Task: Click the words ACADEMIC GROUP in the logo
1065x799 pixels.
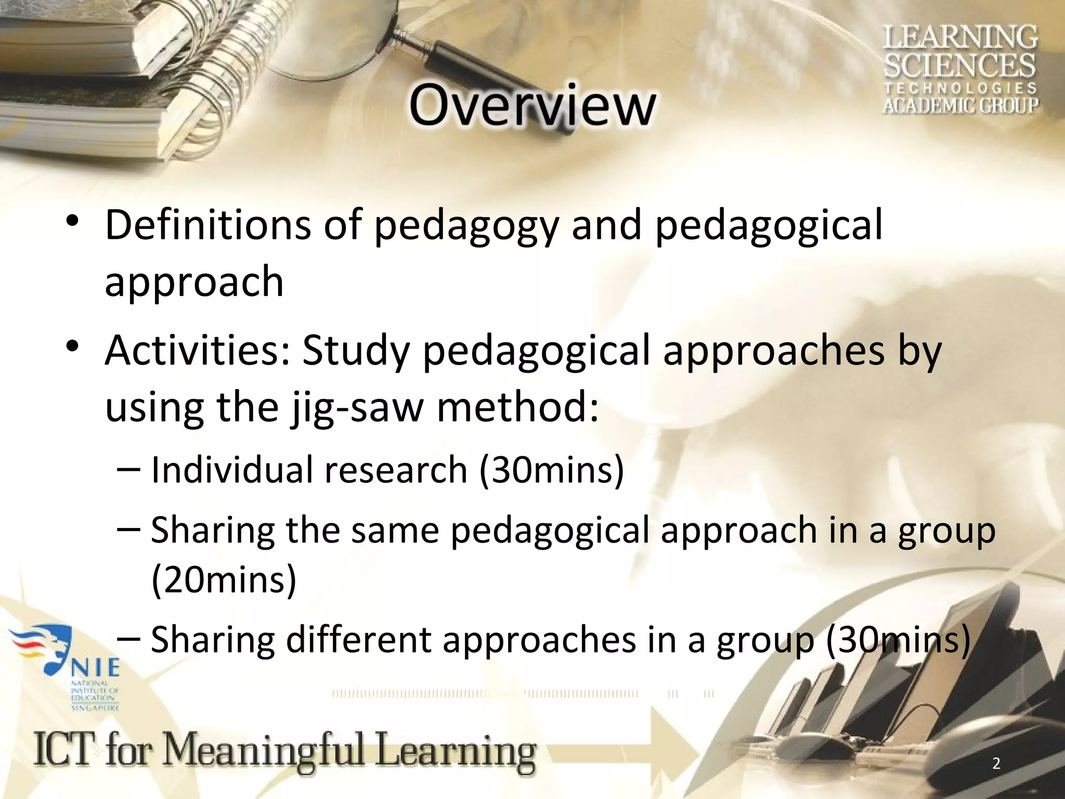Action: tap(960, 105)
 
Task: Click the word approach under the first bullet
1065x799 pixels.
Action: tap(194, 282)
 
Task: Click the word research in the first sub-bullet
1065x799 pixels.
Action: tap(396, 470)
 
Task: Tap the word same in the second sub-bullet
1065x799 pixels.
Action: tap(395, 531)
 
